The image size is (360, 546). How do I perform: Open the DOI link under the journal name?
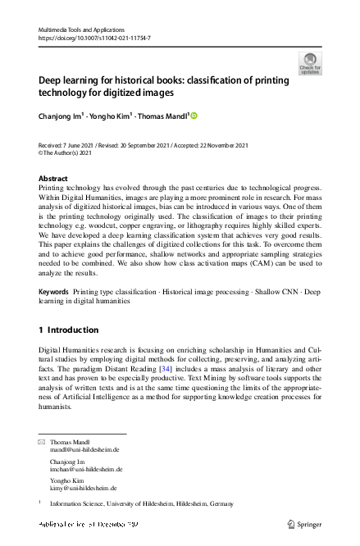pyautogui.click(x=94, y=38)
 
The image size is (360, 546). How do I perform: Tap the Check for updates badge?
pyautogui.click(x=310, y=64)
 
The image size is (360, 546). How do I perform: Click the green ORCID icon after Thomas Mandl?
pyautogui.click(x=195, y=116)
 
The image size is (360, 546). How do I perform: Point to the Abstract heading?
pyautogui.click(x=53, y=178)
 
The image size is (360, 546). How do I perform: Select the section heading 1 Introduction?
pyautogui.click(x=69, y=330)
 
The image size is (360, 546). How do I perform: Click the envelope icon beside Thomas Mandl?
pyautogui.click(x=42, y=442)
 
